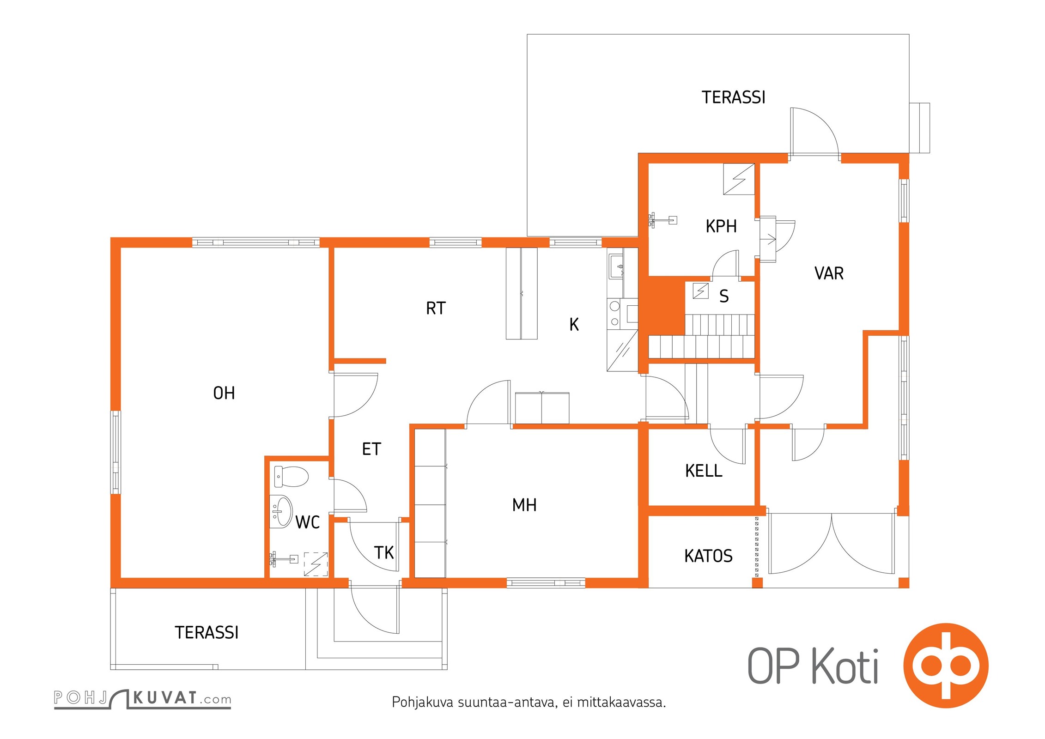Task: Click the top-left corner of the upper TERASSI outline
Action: [x=527, y=34]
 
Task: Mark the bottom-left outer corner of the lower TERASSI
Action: [x=110, y=669]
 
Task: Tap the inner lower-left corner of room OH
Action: [x=121, y=577]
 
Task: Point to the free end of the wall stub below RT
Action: [x=386, y=361]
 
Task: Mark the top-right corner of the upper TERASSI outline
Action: [x=909, y=34]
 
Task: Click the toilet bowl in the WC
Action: [x=291, y=476]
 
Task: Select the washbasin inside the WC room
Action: [x=281, y=511]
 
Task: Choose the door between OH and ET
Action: [x=356, y=394]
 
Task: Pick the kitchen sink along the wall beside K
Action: [x=616, y=267]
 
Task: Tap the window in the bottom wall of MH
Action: [x=546, y=583]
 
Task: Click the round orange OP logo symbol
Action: [x=946, y=665]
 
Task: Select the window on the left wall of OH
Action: [x=115, y=452]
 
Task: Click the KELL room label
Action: [x=704, y=471]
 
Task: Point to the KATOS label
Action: [x=708, y=556]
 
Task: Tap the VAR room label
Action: [x=829, y=273]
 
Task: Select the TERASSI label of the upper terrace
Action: [x=733, y=97]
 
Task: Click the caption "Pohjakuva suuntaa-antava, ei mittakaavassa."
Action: [x=529, y=702]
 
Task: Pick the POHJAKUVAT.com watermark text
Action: [x=142, y=698]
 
